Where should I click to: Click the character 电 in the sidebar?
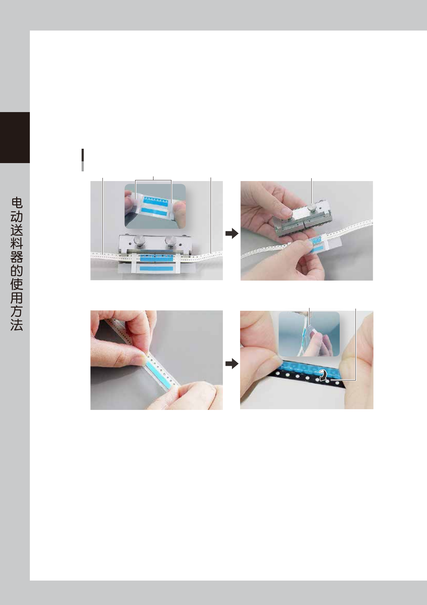click(x=17, y=203)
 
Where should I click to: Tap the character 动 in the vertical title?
click(x=17, y=217)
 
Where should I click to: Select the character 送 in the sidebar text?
click(x=17, y=230)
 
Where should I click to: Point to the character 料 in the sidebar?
click(x=17, y=244)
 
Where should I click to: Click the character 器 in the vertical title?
click(x=17, y=257)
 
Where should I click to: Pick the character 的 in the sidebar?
click(x=17, y=271)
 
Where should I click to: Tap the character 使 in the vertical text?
click(x=17, y=284)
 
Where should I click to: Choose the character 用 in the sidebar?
click(x=17, y=297)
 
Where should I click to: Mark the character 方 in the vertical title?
click(x=17, y=311)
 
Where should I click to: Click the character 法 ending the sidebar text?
click(x=17, y=325)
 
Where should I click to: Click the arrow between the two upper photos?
click(x=232, y=234)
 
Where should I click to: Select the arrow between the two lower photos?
click(x=232, y=364)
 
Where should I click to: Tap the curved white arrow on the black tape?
click(x=323, y=375)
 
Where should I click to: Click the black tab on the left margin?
click(x=15, y=138)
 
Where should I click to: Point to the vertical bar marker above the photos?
click(x=83, y=160)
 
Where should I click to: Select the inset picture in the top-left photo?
click(x=155, y=206)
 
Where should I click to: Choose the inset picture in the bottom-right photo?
click(x=309, y=334)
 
